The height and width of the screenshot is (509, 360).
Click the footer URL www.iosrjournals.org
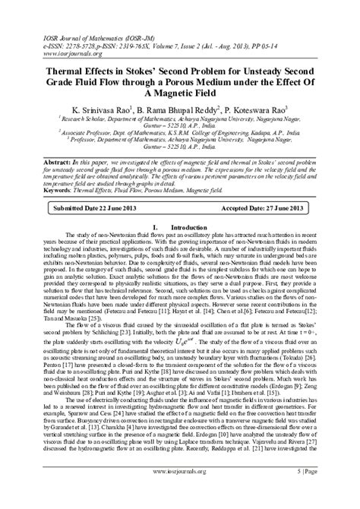coord(179,493)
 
